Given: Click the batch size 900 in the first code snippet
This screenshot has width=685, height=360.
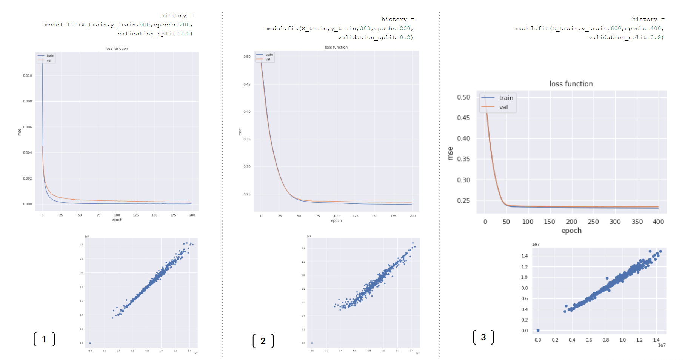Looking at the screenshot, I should [x=145, y=25].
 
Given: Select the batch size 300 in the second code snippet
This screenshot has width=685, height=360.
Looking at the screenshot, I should [x=365, y=28].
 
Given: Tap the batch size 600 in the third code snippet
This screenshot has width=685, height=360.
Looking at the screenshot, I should [x=616, y=28].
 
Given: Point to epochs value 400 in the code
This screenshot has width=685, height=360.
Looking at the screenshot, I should [x=656, y=28].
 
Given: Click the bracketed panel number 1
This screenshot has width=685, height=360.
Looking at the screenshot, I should [x=44, y=339].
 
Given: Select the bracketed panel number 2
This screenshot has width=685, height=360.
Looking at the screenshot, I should [x=263, y=341].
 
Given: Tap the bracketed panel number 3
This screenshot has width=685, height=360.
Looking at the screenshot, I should [x=483, y=337].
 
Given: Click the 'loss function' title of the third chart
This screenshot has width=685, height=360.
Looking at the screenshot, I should [x=571, y=84].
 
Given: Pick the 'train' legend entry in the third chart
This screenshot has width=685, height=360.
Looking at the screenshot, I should [x=506, y=98].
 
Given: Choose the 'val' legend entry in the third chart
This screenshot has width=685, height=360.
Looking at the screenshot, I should [x=503, y=107].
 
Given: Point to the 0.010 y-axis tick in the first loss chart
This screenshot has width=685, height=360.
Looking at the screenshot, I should [x=28, y=75].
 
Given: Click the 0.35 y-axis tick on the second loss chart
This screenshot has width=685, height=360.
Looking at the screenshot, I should [x=247, y=139].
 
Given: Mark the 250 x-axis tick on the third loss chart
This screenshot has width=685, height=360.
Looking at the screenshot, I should [x=593, y=222].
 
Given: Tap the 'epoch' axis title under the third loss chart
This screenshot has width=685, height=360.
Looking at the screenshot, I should [x=571, y=231].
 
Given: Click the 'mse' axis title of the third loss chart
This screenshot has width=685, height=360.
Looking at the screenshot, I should [x=450, y=153].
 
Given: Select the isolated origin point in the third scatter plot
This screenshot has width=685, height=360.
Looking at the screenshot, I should [x=538, y=331].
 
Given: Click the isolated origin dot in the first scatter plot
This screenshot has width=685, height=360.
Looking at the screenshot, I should [x=90, y=343].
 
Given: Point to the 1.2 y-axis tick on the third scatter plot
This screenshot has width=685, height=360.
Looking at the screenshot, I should [x=525, y=267].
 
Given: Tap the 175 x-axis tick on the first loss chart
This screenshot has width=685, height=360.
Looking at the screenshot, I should [x=173, y=215].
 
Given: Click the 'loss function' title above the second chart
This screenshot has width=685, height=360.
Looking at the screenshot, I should [x=336, y=47].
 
